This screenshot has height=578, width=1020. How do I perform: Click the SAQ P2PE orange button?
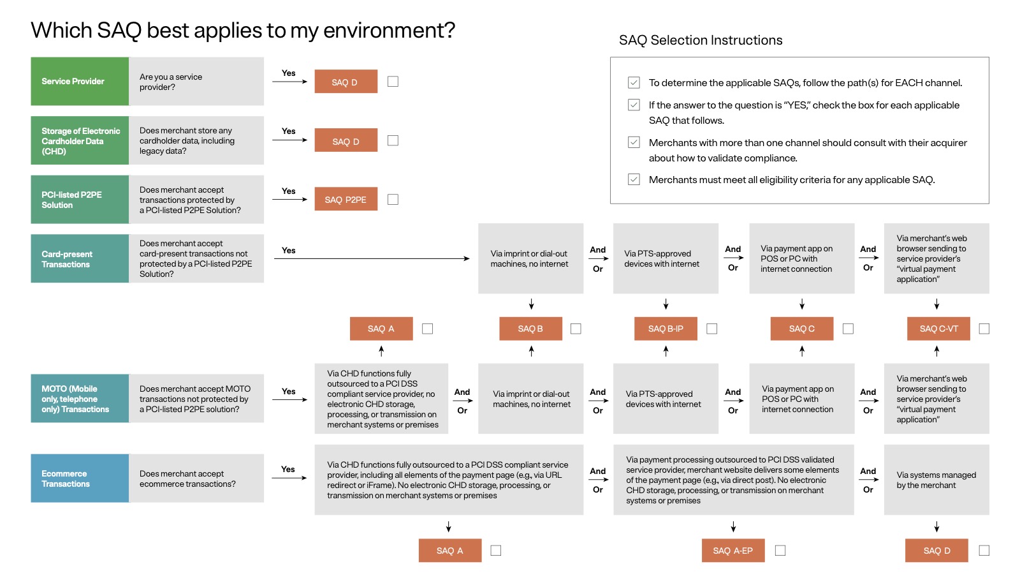(346, 199)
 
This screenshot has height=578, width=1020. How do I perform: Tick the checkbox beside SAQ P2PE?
(393, 199)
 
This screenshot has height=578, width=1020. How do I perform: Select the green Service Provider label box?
(80, 81)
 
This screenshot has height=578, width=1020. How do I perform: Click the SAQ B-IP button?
(666, 329)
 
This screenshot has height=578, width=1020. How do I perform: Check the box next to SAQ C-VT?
(984, 329)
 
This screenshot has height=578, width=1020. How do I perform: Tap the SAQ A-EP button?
(732, 551)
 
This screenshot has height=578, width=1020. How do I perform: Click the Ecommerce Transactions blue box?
(80, 478)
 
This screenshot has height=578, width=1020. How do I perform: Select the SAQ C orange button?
(801, 329)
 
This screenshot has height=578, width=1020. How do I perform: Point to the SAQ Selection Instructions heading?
(701, 40)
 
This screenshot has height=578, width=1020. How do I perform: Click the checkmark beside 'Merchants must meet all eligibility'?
(634, 179)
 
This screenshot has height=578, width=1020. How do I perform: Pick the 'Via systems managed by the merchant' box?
(936, 480)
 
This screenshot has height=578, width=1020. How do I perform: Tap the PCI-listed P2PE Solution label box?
(80, 200)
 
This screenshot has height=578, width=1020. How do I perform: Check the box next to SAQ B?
(576, 329)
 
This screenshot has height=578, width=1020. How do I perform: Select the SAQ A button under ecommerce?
(449, 551)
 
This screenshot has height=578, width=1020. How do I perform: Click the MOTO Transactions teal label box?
(80, 399)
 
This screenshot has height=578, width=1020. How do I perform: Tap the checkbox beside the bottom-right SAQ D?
(984, 551)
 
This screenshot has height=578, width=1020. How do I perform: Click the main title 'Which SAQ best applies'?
(243, 30)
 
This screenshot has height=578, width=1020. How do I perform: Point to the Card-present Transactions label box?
(80, 258)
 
